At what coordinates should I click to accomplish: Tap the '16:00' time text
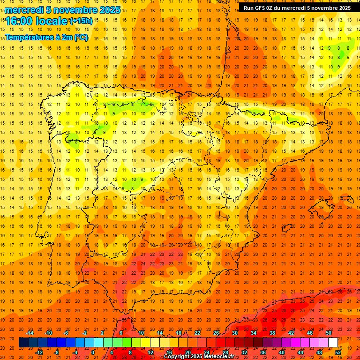click(x=20, y=21)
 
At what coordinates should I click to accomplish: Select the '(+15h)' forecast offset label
click(x=81, y=21)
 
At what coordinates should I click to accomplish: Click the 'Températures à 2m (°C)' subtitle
click(x=46, y=37)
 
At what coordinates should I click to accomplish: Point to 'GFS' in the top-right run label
click(x=264, y=8)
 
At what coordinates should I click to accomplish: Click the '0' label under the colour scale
click(x=93, y=352)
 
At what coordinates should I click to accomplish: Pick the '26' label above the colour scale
click(x=216, y=333)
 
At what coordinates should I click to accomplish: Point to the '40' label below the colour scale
click(x=281, y=352)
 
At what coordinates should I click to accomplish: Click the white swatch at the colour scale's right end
click(x=333, y=343)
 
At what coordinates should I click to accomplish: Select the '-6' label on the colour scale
click(x=66, y=333)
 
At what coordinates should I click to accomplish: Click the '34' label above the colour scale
click(x=254, y=333)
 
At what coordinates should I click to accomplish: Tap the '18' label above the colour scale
click(x=179, y=333)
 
